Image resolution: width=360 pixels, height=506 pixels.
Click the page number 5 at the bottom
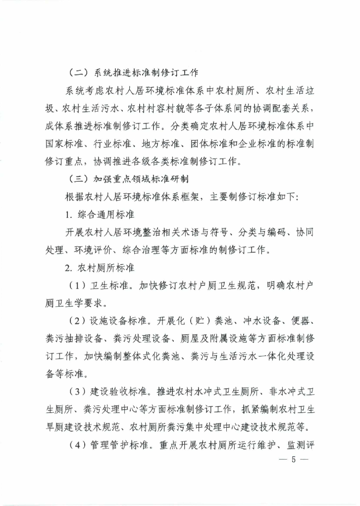point(293,460)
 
